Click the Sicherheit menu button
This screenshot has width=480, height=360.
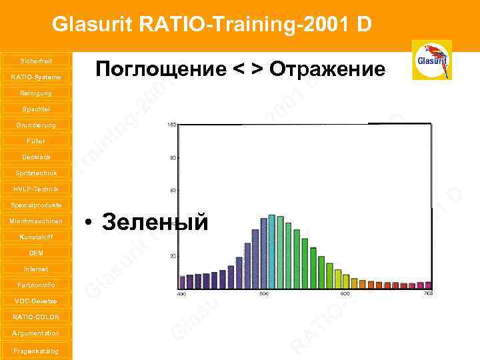pos(36,61)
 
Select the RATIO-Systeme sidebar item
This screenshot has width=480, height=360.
pos(36,77)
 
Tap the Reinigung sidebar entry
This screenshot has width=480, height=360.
pos(36,93)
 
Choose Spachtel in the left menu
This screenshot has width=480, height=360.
pos(36,109)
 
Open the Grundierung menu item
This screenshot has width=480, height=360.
pos(36,125)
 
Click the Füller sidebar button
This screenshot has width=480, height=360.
pos(36,141)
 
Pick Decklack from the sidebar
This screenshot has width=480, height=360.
pos(36,157)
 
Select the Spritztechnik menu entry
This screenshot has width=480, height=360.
pos(36,173)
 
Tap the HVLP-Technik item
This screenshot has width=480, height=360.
pos(36,189)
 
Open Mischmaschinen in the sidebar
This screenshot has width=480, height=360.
pos(36,221)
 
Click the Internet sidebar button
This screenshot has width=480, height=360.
pos(36,269)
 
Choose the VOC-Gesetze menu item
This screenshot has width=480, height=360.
pos(36,301)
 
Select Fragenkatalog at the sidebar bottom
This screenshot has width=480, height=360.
pos(36,351)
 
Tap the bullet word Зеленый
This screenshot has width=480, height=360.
pos(155,222)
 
